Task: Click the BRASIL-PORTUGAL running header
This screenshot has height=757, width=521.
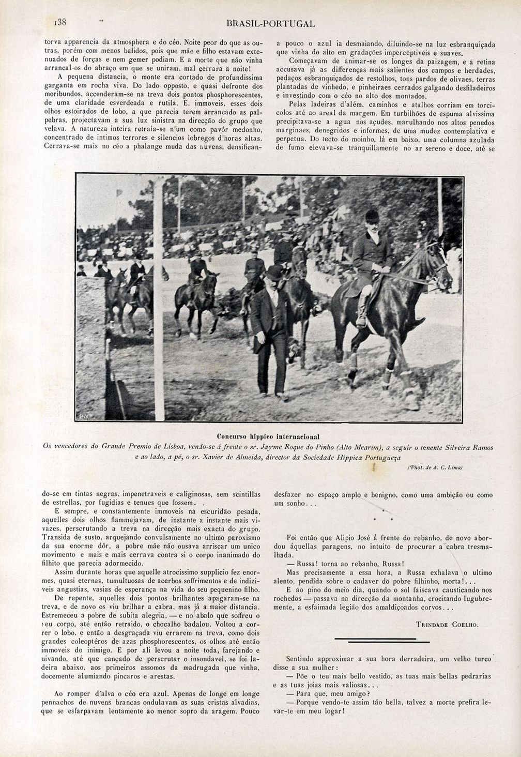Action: [x=271, y=24]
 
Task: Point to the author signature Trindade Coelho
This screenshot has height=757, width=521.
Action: [x=447, y=624]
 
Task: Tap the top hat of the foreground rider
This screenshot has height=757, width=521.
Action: [x=371, y=215]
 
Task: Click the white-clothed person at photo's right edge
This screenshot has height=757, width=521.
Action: [x=454, y=264]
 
